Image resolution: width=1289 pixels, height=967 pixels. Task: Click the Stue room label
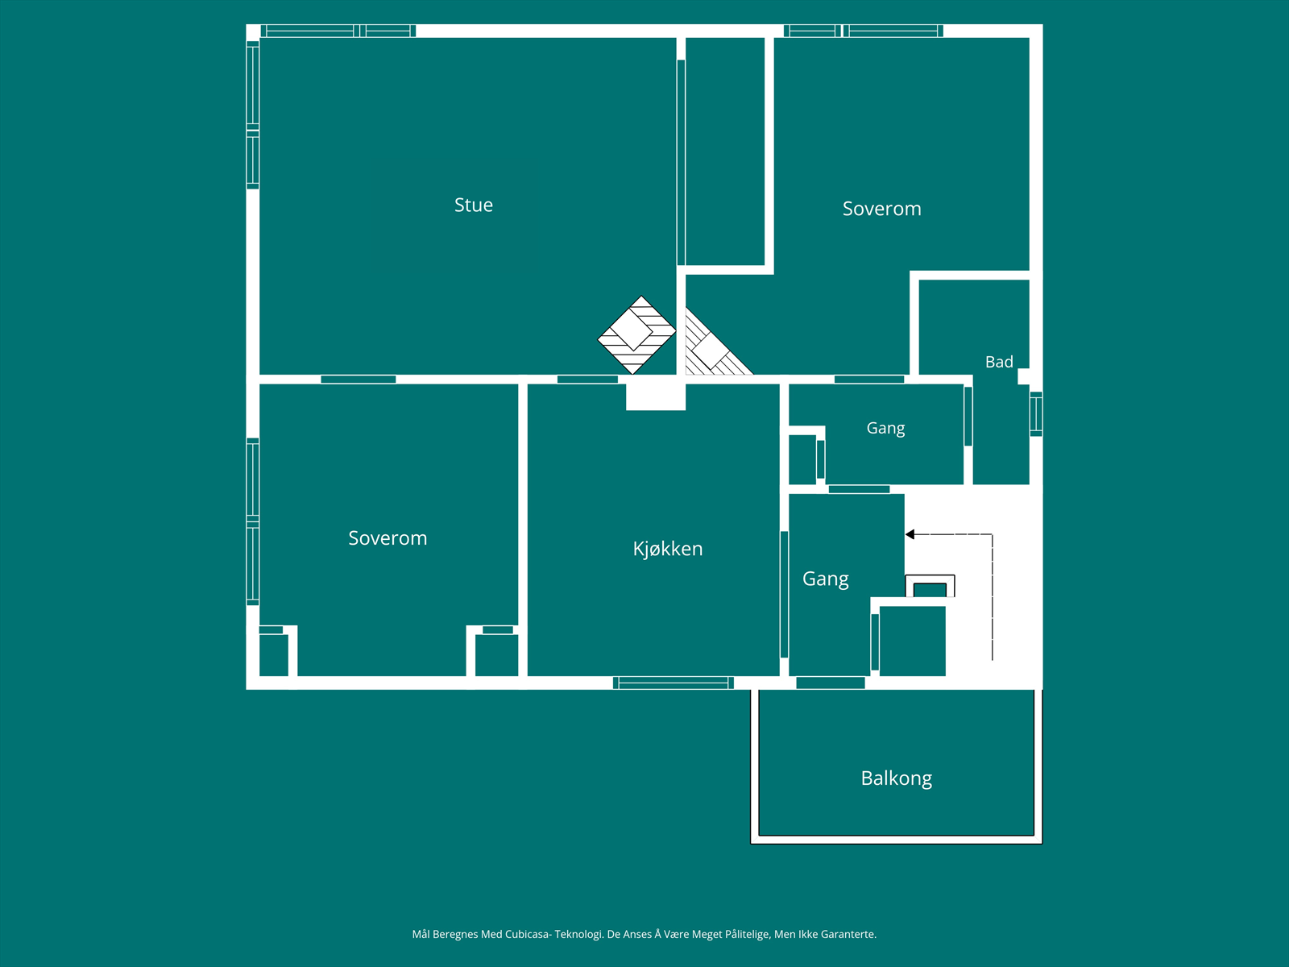(474, 205)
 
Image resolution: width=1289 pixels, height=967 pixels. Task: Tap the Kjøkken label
(668, 549)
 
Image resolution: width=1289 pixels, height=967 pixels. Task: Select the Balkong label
(896, 778)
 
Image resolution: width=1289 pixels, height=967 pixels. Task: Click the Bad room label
(999, 362)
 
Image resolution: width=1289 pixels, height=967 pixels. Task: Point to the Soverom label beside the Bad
(881, 209)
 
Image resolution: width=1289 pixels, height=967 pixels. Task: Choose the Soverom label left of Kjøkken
(388, 537)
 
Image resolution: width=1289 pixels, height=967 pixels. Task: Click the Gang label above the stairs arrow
(885, 429)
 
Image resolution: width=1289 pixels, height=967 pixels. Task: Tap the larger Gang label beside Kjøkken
(825, 579)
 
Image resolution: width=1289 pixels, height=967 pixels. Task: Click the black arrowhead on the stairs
(910, 534)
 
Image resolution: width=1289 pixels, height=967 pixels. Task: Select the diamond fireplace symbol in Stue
(636, 334)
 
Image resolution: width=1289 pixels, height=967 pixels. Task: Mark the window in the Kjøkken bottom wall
(673, 683)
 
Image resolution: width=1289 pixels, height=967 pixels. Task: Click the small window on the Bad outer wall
(1037, 414)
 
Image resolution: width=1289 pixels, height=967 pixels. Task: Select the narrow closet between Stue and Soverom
(725, 151)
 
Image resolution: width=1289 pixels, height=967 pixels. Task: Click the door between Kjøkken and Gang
(784, 594)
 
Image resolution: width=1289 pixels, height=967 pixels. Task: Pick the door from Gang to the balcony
(831, 683)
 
